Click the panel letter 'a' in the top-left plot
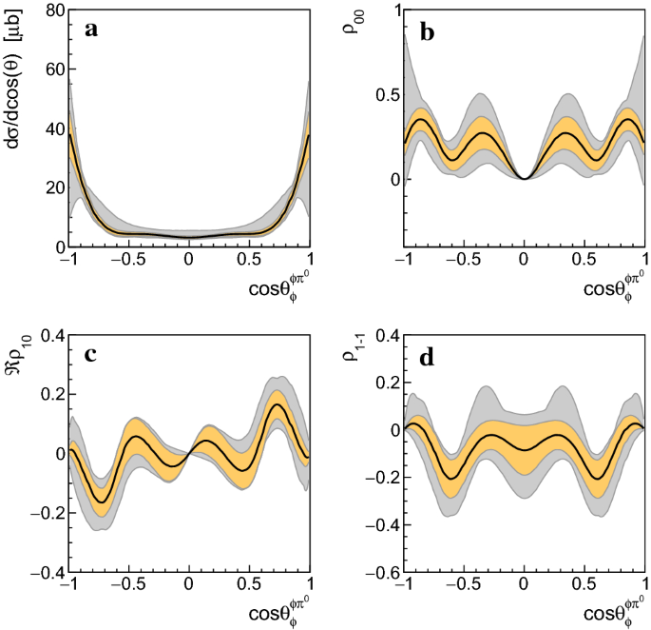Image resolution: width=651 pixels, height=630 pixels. tap(91, 30)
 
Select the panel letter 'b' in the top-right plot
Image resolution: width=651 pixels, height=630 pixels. tap(427, 30)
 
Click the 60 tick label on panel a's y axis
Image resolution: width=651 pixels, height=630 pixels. tap(49, 69)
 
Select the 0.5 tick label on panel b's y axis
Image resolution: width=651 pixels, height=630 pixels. tap(382, 95)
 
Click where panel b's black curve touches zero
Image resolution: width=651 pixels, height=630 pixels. tap(525, 179)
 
